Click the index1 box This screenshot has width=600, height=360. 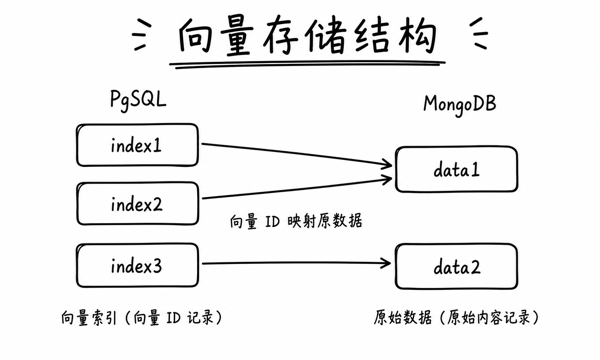[137, 145]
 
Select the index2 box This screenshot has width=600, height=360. [138, 204]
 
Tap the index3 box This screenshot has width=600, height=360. [137, 265]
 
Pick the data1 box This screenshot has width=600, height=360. [457, 169]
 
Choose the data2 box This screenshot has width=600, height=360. [457, 267]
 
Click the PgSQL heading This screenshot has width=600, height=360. [138, 100]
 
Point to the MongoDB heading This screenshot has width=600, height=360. [460, 105]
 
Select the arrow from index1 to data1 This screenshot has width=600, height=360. [296, 155]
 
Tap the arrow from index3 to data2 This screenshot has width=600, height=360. [296, 263]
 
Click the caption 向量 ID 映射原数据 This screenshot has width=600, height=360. [296, 221]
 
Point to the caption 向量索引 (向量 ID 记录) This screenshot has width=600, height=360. [142, 318]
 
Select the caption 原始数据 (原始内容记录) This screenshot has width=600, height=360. [456, 318]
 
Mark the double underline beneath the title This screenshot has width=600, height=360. [307, 65]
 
